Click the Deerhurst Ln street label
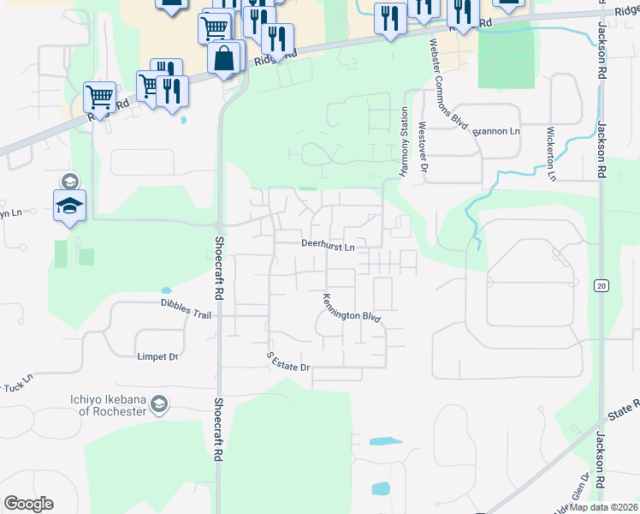pos(328,245)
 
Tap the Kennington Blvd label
pos(351,309)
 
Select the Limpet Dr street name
pos(157,356)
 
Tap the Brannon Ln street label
pos(501,131)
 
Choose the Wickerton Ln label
pos(552,154)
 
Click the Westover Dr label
pos(422,146)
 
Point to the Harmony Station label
pos(405,142)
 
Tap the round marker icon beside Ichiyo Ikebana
pos(159,404)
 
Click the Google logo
pos(28,504)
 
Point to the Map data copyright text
pos(603,507)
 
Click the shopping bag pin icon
pos(224,59)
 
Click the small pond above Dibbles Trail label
pos(165,290)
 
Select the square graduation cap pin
pos(69,206)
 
